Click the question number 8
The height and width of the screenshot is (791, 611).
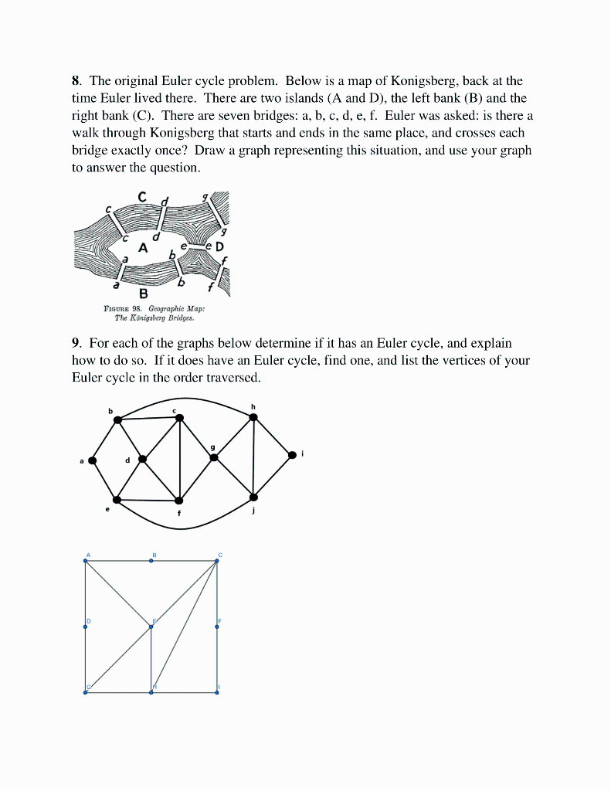pyautogui.click(x=76, y=80)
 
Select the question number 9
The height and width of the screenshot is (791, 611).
pyautogui.click(x=76, y=342)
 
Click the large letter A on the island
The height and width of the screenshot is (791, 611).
pyautogui.click(x=142, y=248)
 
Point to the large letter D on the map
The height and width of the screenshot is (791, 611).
pyautogui.click(x=219, y=247)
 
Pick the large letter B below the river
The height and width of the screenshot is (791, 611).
pyautogui.click(x=143, y=294)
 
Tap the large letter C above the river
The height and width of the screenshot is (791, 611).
pyautogui.click(x=142, y=198)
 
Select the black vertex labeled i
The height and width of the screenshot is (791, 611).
pyautogui.click(x=292, y=455)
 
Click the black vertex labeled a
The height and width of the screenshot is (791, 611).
pyautogui.click(x=93, y=460)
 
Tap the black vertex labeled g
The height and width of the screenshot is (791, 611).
pyautogui.click(x=214, y=457)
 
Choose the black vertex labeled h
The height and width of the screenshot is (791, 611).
pyautogui.click(x=253, y=417)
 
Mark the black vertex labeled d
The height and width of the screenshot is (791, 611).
pyautogui.click(x=142, y=459)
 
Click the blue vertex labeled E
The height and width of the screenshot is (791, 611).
pyautogui.click(x=151, y=626)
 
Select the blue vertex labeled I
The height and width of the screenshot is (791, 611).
pyautogui.click(x=217, y=692)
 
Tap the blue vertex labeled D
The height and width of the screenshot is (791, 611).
pyautogui.click(x=86, y=626)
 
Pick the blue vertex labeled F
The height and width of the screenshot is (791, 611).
pyautogui.click(x=217, y=626)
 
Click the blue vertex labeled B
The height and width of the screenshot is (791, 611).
pyautogui.click(x=151, y=561)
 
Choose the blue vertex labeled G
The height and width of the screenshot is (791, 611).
pyautogui.click(x=86, y=692)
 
